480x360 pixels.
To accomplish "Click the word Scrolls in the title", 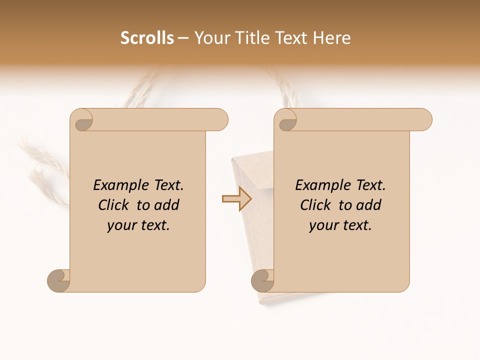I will [x=147, y=38].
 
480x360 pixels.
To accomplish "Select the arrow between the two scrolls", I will [x=237, y=199].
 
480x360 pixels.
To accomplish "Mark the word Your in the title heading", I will [x=212, y=38].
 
